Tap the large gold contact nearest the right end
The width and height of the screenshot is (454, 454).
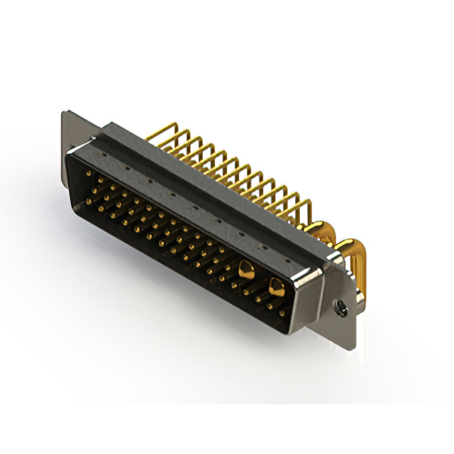276,287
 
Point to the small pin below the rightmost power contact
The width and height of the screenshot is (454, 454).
282,311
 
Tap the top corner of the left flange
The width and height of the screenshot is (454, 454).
64,113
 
